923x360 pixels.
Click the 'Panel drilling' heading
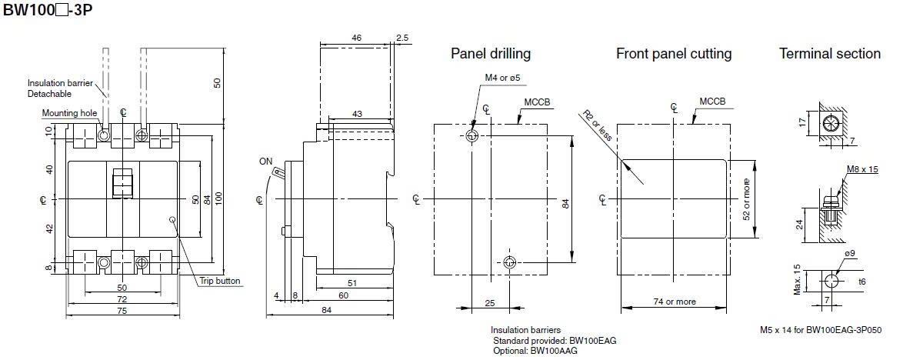click(x=490, y=54)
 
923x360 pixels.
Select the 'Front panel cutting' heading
click(x=673, y=54)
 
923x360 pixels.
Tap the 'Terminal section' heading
click(x=829, y=54)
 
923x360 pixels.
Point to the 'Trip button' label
click(x=221, y=281)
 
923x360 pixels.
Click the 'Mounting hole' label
click(x=70, y=113)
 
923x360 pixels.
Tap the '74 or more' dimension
click(x=675, y=302)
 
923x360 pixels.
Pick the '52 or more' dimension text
click(x=745, y=199)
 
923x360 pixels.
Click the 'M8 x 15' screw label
click(x=862, y=169)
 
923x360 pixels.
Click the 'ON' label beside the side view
click(x=266, y=162)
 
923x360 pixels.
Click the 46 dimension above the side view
click(x=356, y=37)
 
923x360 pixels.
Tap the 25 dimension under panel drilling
click(x=490, y=303)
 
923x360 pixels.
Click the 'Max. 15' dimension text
click(x=797, y=278)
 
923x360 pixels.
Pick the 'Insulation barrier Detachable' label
click(x=57, y=88)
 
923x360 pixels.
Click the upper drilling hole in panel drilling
click(x=472, y=135)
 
